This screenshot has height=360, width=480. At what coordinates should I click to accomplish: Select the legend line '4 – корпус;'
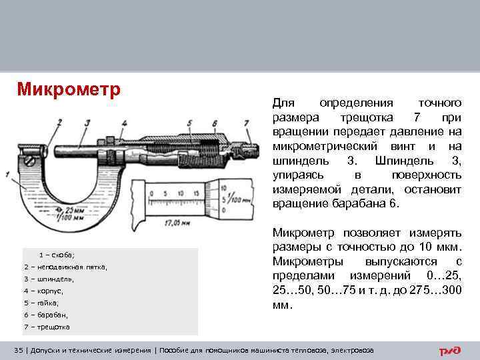tap(43, 291)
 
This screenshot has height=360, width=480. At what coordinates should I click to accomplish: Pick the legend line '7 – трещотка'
tap(46, 327)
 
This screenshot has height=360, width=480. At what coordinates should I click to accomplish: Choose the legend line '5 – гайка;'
tap(41, 303)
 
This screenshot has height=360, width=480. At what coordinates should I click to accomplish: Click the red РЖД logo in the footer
tap(450, 351)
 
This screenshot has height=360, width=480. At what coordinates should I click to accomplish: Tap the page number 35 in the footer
tap(19, 351)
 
